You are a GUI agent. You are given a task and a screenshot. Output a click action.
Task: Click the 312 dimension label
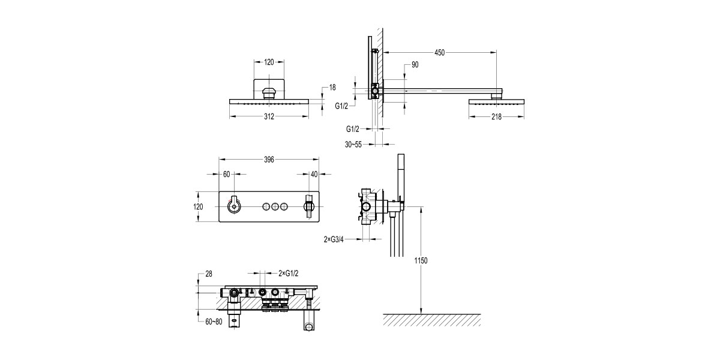[268, 116]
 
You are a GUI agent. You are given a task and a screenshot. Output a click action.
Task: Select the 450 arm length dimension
[439, 53]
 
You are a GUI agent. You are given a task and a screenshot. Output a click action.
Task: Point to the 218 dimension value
[496, 116]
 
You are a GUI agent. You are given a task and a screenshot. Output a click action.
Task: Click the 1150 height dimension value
[421, 260]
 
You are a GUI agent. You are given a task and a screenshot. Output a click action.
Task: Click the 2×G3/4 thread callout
[334, 239]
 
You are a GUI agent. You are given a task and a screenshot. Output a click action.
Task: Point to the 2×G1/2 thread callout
[290, 273]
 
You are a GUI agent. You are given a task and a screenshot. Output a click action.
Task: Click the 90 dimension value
[415, 65]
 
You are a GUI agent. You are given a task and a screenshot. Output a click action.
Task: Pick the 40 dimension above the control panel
[314, 174]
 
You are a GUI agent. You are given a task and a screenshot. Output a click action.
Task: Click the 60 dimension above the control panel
[226, 174]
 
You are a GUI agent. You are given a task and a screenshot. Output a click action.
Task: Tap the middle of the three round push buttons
[275, 207]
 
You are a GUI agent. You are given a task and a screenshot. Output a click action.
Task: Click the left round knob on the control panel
[233, 207]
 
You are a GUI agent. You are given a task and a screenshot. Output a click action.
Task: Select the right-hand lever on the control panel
[309, 207]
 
